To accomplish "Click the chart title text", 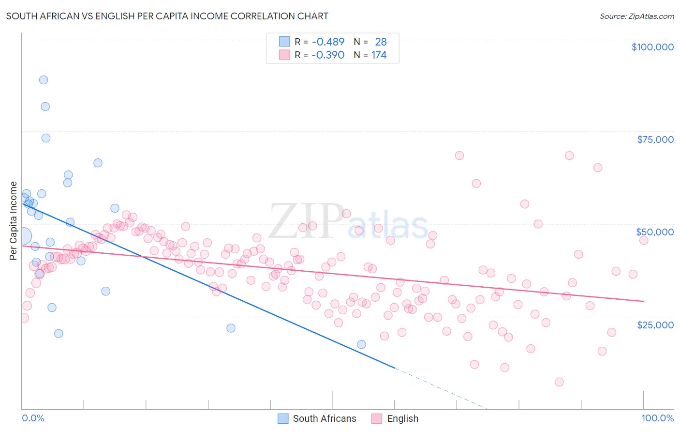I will [x=167, y=16].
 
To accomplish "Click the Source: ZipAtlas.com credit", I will [x=636, y=16].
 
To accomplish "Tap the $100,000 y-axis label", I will [x=652, y=47].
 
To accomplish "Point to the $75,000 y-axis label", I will [x=655, y=139].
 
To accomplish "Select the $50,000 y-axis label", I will [x=654, y=232].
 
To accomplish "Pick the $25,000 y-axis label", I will [x=655, y=324].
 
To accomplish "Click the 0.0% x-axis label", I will [x=33, y=418].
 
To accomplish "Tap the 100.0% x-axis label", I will [x=657, y=418].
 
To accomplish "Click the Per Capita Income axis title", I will [x=14, y=220].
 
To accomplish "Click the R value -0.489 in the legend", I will [x=328, y=42].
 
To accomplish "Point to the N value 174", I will [x=379, y=55].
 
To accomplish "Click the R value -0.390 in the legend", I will [x=328, y=55].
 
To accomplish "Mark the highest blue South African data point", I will [x=44, y=80].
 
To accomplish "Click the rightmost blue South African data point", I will [x=361, y=344].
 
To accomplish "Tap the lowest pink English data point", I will [x=559, y=382].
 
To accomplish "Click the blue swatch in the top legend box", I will [x=284, y=42].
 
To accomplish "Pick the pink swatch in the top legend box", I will [x=284, y=55].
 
